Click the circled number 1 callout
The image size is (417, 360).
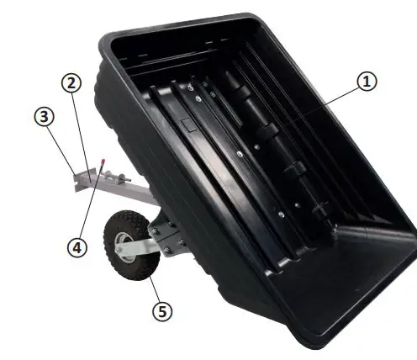coord(367,82)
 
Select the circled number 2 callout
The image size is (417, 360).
coord(72,83)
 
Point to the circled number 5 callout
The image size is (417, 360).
coord(162,310)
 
